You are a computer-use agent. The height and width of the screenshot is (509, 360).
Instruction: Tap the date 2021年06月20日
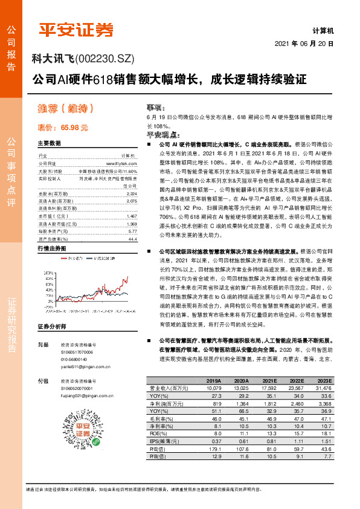304,45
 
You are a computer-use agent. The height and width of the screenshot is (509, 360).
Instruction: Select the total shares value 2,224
131,193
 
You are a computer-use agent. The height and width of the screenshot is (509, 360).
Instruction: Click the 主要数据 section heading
49,144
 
